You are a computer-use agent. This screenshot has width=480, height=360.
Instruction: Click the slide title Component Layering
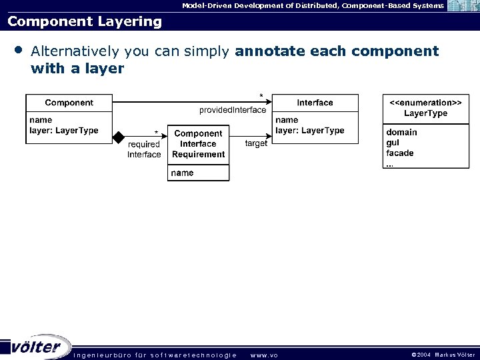pyautogui.click(x=85, y=21)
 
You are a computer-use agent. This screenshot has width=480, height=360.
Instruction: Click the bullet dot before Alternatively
pyautogui.click(x=18, y=50)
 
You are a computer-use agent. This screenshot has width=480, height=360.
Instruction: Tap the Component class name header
pyautogui.click(x=69, y=103)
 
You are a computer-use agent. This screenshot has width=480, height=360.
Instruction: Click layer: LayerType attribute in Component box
pyautogui.click(x=64, y=131)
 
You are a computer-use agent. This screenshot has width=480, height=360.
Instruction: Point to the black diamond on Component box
pyautogui.click(x=119, y=137)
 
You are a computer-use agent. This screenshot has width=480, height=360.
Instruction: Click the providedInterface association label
pyautogui.click(x=233, y=110)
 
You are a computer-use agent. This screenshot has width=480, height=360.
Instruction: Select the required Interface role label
pyautogui.click(x=144, y=149)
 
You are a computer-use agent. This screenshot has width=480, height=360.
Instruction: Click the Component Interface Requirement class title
pyautogui.click(x=198, y=144)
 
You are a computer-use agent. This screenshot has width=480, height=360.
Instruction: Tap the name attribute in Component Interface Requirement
pyautogui.click(x=182, y=173)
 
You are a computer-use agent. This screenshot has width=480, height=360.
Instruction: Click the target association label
pyautogui.click(x=256, y=143)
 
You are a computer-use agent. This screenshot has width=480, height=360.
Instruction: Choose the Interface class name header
pyautogui.click(x=315, y=103)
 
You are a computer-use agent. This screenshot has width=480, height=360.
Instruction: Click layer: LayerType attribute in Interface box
pyautogui.click(x=310, y=131)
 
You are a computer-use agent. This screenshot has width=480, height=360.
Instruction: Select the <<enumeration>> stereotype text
pyautogui.click(x=425, y=103)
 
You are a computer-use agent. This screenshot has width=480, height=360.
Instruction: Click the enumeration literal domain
pyautogui.click(x=401, y=133)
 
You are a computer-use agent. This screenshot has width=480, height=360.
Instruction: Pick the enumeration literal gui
pyautogui.click(x=393, y=143)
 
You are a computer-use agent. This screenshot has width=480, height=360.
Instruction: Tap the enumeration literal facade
pyautogui.click(x=400, y=153)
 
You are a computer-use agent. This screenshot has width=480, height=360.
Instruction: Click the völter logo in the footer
pyautogui.click(x=37, y=347)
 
